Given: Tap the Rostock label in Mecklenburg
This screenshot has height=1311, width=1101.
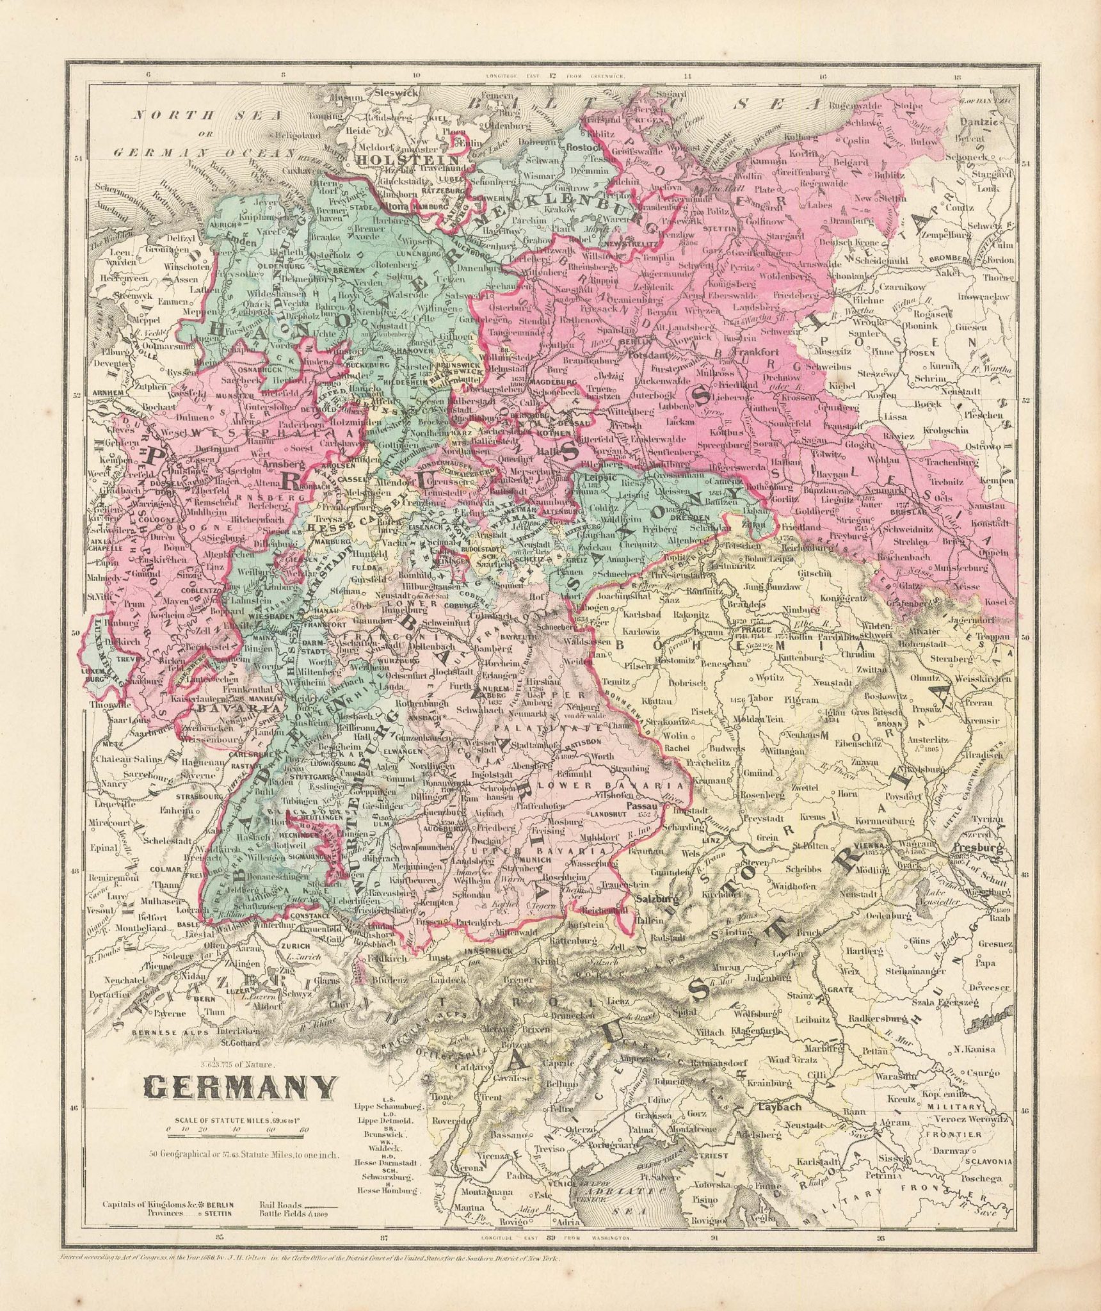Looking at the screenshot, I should (x=581, y=147).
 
